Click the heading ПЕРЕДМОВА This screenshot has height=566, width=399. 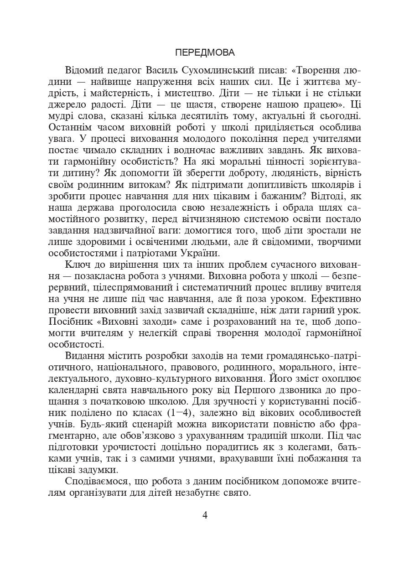point(205,52)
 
